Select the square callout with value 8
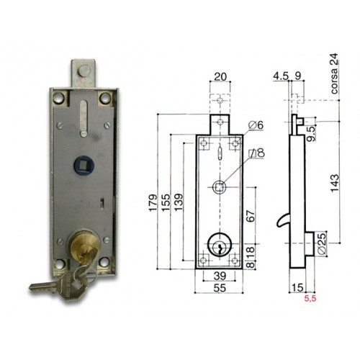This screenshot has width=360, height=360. coord(255,153)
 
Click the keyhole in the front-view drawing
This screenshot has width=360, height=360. coord(217,246)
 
